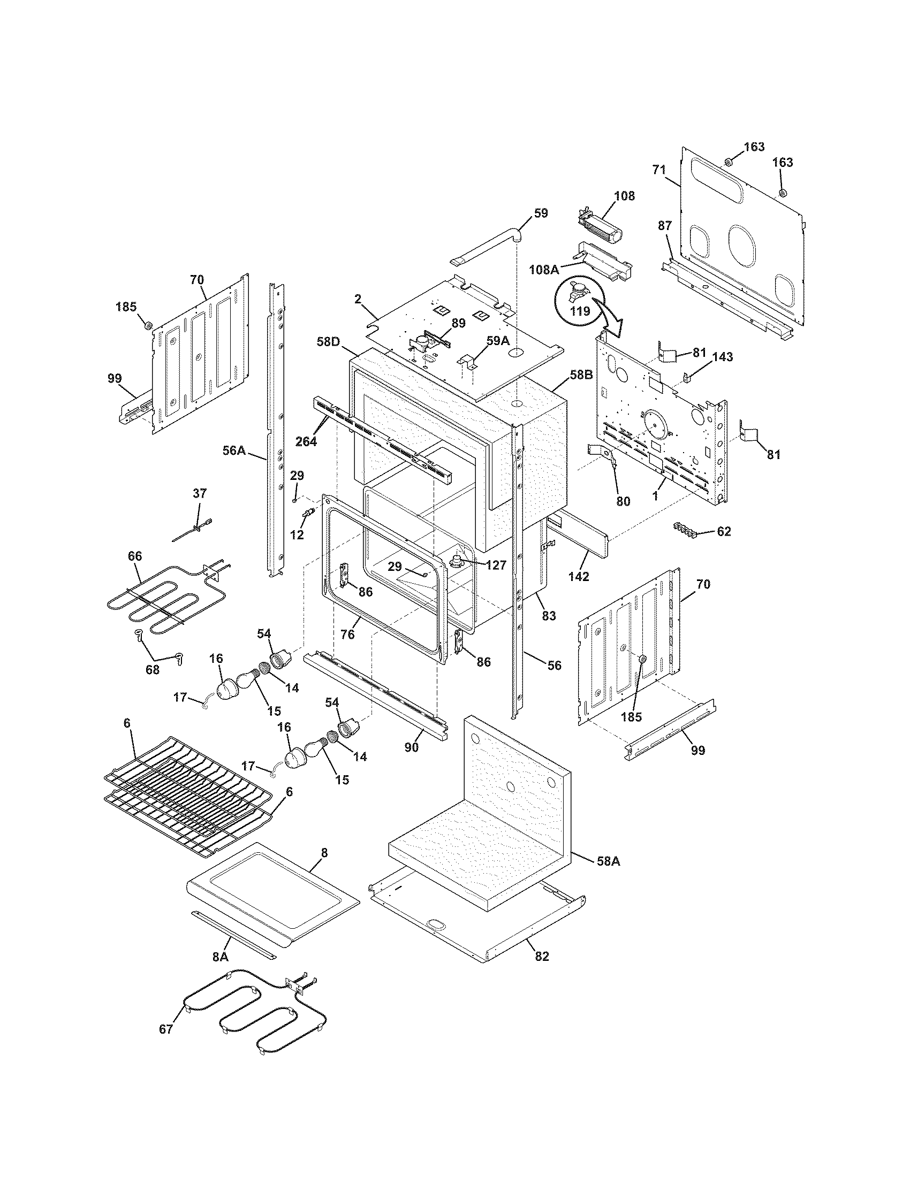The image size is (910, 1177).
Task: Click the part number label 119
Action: point(581,311)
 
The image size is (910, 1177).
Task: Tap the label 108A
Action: point(543,270)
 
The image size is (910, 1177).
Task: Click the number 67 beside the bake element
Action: point(165,1029)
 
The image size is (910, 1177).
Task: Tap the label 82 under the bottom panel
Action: point(542,957)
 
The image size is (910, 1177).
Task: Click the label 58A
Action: point(609,861)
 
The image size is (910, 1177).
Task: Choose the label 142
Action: point(579,576)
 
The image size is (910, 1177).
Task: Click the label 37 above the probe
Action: point(200,493)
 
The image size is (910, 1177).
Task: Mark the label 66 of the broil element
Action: point(135,556)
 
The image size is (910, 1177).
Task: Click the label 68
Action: point(153,669)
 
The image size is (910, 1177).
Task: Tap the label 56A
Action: point(234,450)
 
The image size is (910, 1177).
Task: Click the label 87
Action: point(665,225)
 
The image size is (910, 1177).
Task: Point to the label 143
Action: point(723,357)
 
